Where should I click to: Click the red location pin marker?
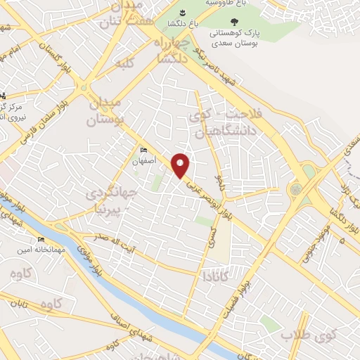pyautogui.click(x=181, y=165)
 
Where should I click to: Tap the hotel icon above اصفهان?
pyautogui.click(x=143, y=150)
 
